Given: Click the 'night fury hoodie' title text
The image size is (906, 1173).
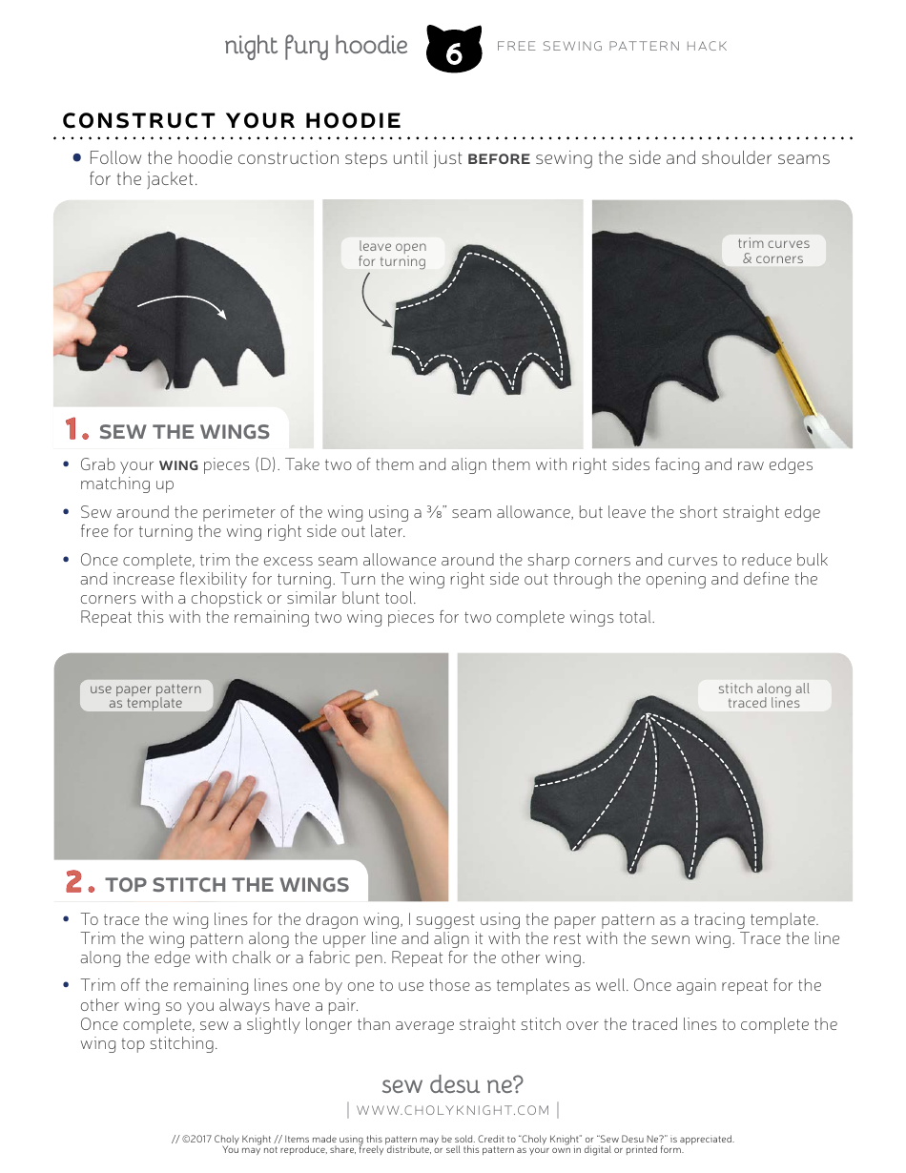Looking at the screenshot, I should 316,46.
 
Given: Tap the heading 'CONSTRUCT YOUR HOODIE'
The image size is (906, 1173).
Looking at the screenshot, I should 232,121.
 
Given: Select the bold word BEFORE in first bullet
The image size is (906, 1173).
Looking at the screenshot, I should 498,159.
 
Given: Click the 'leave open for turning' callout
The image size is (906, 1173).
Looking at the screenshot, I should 392,254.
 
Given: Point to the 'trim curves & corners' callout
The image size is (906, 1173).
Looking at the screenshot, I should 773,251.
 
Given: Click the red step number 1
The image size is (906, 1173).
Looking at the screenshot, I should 76,430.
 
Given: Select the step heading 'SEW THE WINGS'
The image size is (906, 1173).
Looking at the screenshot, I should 184,432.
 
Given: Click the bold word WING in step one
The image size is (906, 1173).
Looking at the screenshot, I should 178,465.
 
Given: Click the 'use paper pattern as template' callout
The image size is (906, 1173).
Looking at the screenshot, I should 146,695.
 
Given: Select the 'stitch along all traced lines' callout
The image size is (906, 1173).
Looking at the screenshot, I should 763,695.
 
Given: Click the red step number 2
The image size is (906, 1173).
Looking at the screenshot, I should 80,883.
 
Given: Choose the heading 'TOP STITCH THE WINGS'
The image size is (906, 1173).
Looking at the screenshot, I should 227,885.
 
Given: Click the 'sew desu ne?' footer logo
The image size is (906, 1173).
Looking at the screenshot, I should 452,1084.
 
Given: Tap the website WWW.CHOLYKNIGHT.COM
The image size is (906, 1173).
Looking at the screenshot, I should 453,1110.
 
